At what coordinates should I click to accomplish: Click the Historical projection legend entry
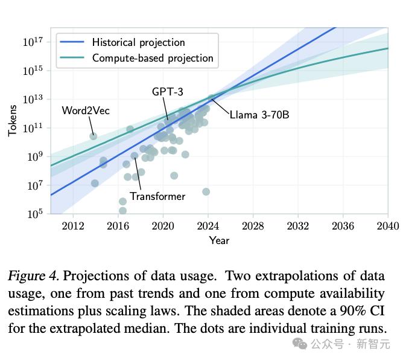click(x=138, y=42)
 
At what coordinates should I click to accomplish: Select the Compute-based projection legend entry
click(x=153, y=58)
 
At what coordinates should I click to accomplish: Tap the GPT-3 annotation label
click(x=167, y=92)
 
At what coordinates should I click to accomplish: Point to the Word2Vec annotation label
click(x=86, y=111)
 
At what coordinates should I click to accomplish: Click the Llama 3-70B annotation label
click(x=259, y=114)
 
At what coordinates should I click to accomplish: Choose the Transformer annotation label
click(x=157, y=196)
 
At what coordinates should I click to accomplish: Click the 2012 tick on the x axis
click(x=73, y=226)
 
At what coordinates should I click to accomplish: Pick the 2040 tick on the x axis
click(x=387, y=226)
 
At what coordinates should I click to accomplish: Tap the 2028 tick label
click(x=253, y=226)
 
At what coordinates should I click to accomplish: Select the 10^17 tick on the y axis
click(x=33, y=42)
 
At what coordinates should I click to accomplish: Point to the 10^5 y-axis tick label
click(x=33, y=214)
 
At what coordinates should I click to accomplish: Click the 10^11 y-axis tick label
click(x=33, y=128)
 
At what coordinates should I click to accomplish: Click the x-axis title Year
click(x=219, y=240)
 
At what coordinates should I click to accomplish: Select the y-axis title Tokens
click(x=13, y=121)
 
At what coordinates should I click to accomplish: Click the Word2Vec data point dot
click(x=94, y=137)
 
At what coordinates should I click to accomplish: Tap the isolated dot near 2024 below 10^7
click(x=206, y=191)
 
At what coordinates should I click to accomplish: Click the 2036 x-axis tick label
click(x=343, y=226)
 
